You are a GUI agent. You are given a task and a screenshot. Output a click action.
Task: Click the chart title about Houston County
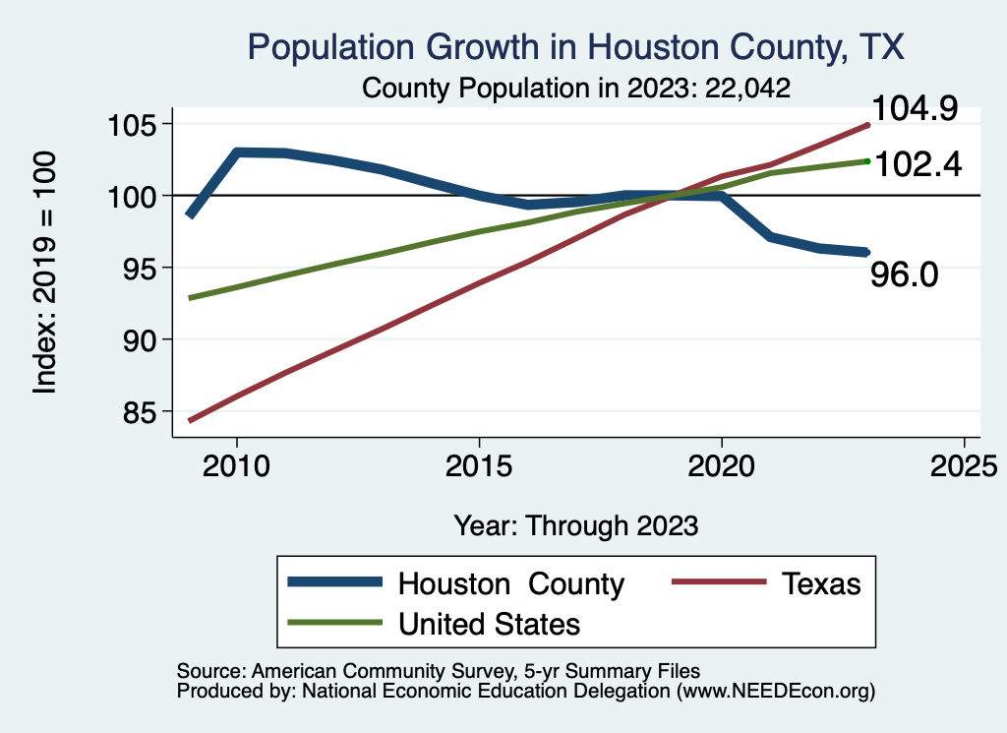point(575,47)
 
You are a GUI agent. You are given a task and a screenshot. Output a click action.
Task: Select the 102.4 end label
point(916,163)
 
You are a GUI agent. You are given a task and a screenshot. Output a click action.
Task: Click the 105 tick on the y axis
point(137,125)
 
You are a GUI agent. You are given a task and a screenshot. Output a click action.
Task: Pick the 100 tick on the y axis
point(137,196)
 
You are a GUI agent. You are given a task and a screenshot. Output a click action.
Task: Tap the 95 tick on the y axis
point(145,268)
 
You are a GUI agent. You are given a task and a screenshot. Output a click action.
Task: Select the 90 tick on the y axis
point(145,339)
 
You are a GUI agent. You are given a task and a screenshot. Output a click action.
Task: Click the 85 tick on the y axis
point(145,411)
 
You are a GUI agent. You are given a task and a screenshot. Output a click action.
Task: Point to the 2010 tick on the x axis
point(237,465)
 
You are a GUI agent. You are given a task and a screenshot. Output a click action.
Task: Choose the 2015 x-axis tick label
point(479,465)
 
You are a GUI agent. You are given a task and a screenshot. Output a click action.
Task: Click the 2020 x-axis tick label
point(722,465)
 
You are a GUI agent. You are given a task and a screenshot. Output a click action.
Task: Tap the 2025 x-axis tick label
point(964,465)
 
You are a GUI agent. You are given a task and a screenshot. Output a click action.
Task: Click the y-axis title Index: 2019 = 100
point(45,273)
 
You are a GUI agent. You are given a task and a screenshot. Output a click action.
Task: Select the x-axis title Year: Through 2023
point(576,525)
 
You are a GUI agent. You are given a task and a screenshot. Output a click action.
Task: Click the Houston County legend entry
point(510,583)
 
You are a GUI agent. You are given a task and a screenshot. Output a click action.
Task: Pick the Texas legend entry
point(821,583)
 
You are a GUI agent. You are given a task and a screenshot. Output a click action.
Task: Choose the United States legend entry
point(489,624)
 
